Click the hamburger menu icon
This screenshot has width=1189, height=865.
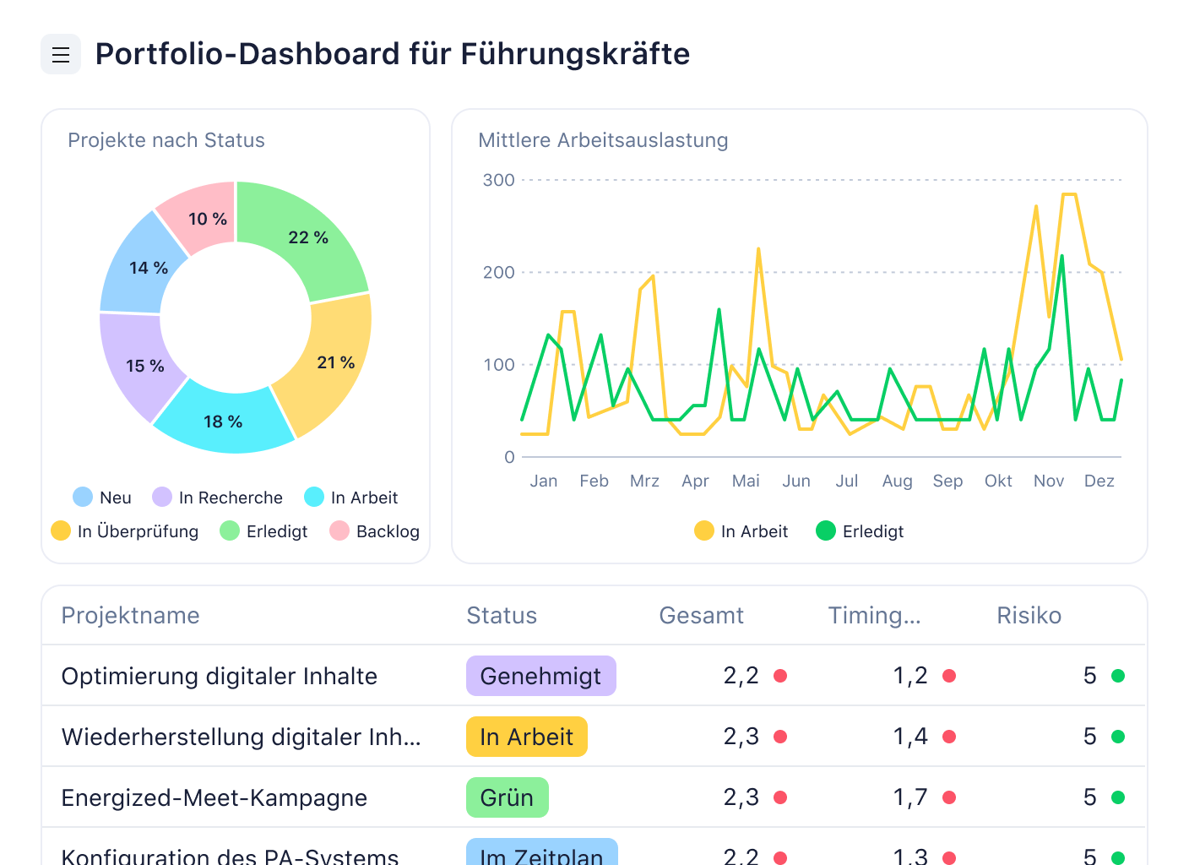coord(61,55)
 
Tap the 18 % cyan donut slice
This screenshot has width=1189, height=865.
coord(223,420)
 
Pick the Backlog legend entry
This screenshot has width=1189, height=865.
coord(375,531)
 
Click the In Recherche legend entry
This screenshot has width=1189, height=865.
coord(218,498)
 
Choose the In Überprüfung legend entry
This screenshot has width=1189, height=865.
coord(125,531)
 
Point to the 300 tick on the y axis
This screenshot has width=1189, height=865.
coord(498,180)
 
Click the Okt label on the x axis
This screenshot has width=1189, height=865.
coord(998,481)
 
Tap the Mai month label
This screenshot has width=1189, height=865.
coord(746,481)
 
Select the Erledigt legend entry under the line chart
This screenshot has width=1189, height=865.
coord(860,531)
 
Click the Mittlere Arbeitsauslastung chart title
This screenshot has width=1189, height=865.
coord(603,140)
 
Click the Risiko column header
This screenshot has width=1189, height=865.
coord(1029,615)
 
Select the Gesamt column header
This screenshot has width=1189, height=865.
coord(701,615)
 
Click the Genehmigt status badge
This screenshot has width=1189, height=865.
coord(540,676)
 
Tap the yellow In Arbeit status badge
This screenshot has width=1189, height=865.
coord(526,737)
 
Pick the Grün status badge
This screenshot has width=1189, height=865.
coord(507,797)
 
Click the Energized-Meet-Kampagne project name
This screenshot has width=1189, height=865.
coord(214,797)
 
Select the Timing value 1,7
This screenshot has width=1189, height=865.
coord(910,797)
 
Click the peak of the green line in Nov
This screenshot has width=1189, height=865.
coord(1061,256)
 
